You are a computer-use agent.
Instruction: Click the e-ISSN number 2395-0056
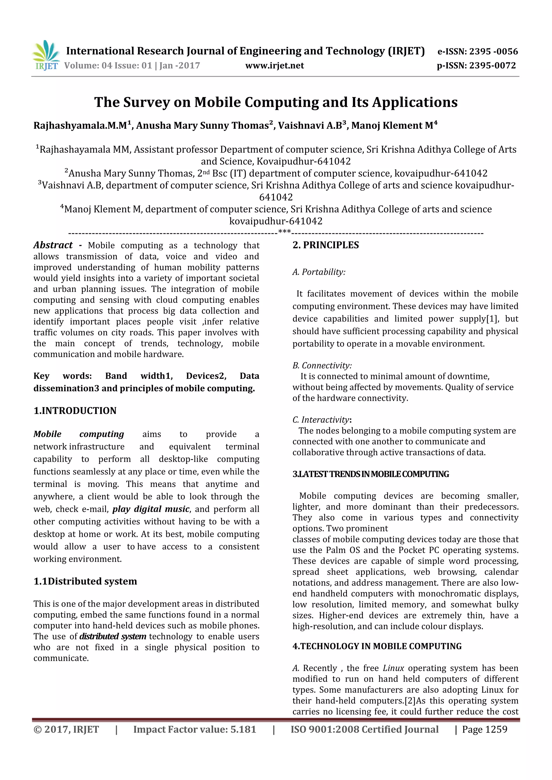[493, 52]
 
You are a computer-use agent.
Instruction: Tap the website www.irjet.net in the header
[275, 65]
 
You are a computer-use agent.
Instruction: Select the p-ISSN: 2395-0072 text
[476, 65]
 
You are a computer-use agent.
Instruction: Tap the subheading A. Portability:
[319, 272]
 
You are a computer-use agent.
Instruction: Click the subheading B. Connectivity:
[322, 365]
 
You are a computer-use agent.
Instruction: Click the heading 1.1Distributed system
[85, 581]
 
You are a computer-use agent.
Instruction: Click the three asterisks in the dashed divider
[284, 232]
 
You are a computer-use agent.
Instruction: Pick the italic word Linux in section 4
[393, 668]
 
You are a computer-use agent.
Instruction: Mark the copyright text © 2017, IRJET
[66, 729]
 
